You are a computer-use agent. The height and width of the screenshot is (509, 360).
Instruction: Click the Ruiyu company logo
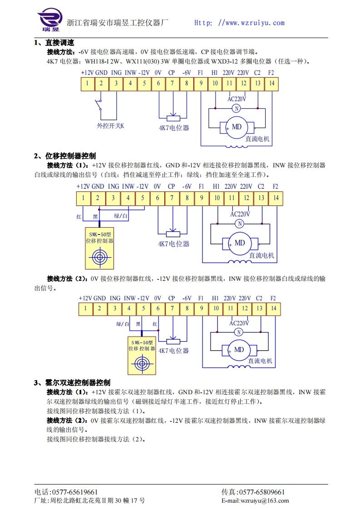click(49, 21)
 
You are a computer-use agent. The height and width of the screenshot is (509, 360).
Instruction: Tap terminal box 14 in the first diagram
click(271, 83)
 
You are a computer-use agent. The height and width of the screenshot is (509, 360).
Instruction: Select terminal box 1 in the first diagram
click(87, 83)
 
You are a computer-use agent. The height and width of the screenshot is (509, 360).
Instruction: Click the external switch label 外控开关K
click(110, 126)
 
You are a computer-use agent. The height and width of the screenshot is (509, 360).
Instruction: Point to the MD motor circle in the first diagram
click(237, 127)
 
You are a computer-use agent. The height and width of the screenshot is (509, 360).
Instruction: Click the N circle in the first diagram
click(236, 108)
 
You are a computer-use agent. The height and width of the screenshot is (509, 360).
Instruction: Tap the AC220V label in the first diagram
click(237, 99)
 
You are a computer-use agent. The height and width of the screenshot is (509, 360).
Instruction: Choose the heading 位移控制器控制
click(71, 156)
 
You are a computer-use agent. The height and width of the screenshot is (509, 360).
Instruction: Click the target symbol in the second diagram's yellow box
click(100, 257)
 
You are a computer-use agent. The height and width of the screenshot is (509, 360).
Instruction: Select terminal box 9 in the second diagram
click(202, 198)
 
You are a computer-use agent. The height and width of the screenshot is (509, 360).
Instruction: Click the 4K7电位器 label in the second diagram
click(173, 244)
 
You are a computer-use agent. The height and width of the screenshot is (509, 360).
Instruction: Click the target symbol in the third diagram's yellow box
click(142, 363)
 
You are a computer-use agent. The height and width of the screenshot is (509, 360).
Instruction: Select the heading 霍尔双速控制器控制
click(78, 383)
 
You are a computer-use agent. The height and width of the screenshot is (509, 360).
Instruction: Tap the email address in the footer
click(255, 501)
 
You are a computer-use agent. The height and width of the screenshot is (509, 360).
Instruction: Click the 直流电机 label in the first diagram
click(257, 139)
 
